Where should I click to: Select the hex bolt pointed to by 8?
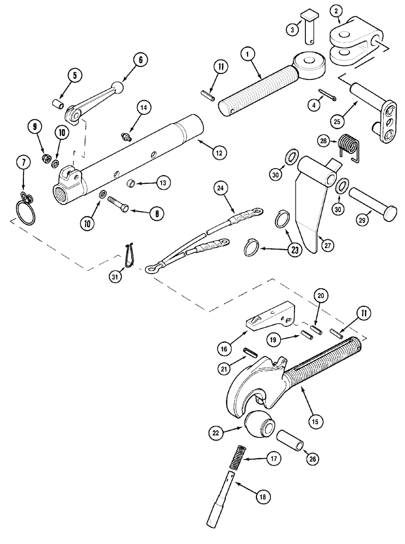click(120, 206)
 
